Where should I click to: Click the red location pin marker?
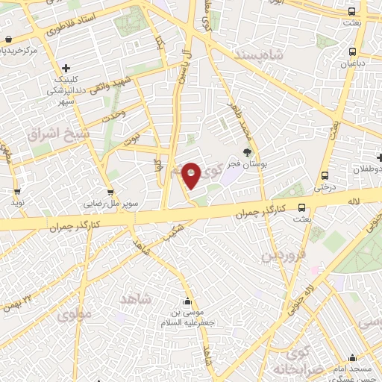click(192, 176)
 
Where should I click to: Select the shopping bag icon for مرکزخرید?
click(7, 39)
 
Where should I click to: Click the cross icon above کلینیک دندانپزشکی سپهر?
click(66, 68)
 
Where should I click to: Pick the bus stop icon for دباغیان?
click(352, 52)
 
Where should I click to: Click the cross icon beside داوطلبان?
click(380, 157)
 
